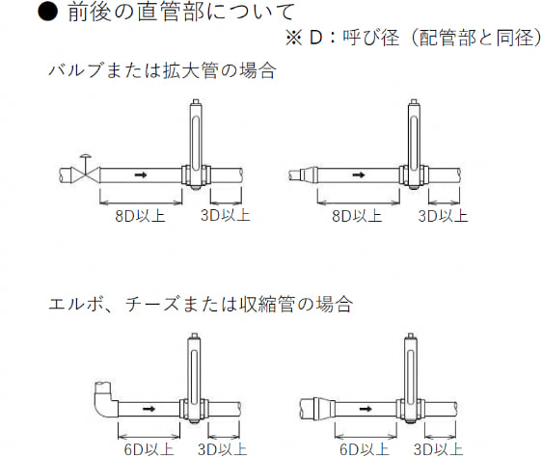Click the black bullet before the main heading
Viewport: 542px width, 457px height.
pos(47,12)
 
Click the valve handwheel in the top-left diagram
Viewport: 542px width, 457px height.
pos(85,156)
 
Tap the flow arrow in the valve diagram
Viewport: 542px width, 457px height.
pos(141,175)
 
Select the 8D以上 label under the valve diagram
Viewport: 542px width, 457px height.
pos(140,216)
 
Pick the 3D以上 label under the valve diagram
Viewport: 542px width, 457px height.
pos(226,215)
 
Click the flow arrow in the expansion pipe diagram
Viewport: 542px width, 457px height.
pos(359,175)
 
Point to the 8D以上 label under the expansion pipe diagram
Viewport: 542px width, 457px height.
pos(357,216)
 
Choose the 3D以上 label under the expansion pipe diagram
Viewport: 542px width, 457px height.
pos(443,216)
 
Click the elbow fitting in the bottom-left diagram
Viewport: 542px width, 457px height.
pos(105,400)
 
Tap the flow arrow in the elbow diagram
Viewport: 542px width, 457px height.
pos(149,409)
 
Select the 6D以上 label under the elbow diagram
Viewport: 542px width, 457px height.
pos(149,449)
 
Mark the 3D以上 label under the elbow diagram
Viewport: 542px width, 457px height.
pos(222,449)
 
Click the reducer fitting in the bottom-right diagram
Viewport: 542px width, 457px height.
pos(324,409)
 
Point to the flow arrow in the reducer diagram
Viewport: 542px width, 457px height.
pos(366,409)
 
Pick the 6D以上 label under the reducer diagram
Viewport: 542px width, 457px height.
pos(365,449)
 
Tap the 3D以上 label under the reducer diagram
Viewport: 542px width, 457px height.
pos(438,449)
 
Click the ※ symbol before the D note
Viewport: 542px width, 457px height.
pos(294,38)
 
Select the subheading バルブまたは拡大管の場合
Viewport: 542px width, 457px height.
pos(162,70)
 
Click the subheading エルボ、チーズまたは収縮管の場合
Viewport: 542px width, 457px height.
pos(201,305)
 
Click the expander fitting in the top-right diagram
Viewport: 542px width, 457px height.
pos(308,175)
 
